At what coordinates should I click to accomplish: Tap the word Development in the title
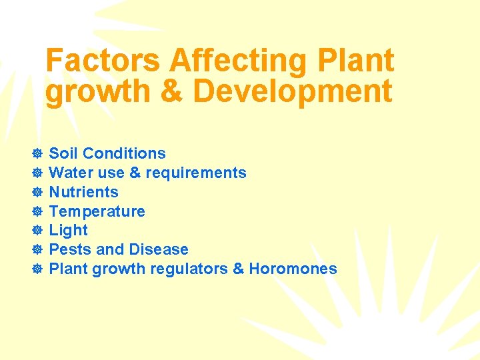pos(293,92)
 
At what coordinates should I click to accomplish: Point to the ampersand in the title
pos(171,92)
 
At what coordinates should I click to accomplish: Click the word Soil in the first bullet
pos(63,153)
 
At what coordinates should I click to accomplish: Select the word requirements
pos(196,173)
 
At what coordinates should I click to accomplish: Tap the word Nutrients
pos(84,192)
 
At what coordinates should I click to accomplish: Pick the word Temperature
pos(97,211)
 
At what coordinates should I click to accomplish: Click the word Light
pos(69,230)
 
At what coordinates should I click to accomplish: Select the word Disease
pos(158,249)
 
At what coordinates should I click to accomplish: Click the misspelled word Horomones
pos(293,269)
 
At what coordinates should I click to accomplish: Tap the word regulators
pos(191,269)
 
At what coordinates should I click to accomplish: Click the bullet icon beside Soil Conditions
pos(37,154)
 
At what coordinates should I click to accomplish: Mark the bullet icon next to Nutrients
pos(37,193)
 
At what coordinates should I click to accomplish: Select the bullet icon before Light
pos(37,231)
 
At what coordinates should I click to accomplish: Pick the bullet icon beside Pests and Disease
pos(37,250)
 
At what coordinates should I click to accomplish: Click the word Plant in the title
pos(356,61)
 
